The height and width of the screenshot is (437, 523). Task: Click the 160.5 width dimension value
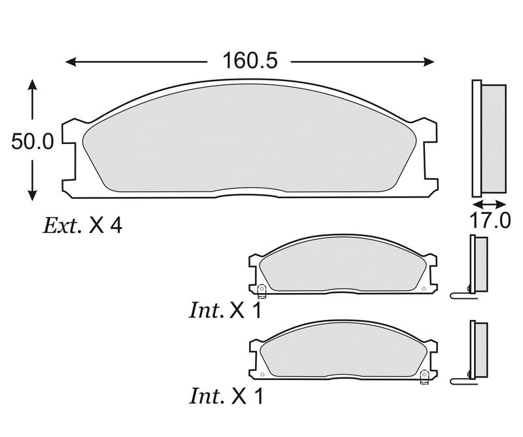coord(250,60)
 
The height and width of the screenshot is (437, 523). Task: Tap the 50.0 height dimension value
coord(32,141)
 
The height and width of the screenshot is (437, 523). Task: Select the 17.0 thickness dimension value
coord(490,220)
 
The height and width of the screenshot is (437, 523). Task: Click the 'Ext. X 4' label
coord(83,226)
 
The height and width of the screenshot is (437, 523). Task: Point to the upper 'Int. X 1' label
coord(226,311)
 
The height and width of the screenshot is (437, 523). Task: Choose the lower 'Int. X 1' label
coord(226,396)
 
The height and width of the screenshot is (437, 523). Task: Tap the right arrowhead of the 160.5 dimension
coord(429,61)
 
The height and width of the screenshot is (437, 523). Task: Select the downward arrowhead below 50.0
coord(32,195)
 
